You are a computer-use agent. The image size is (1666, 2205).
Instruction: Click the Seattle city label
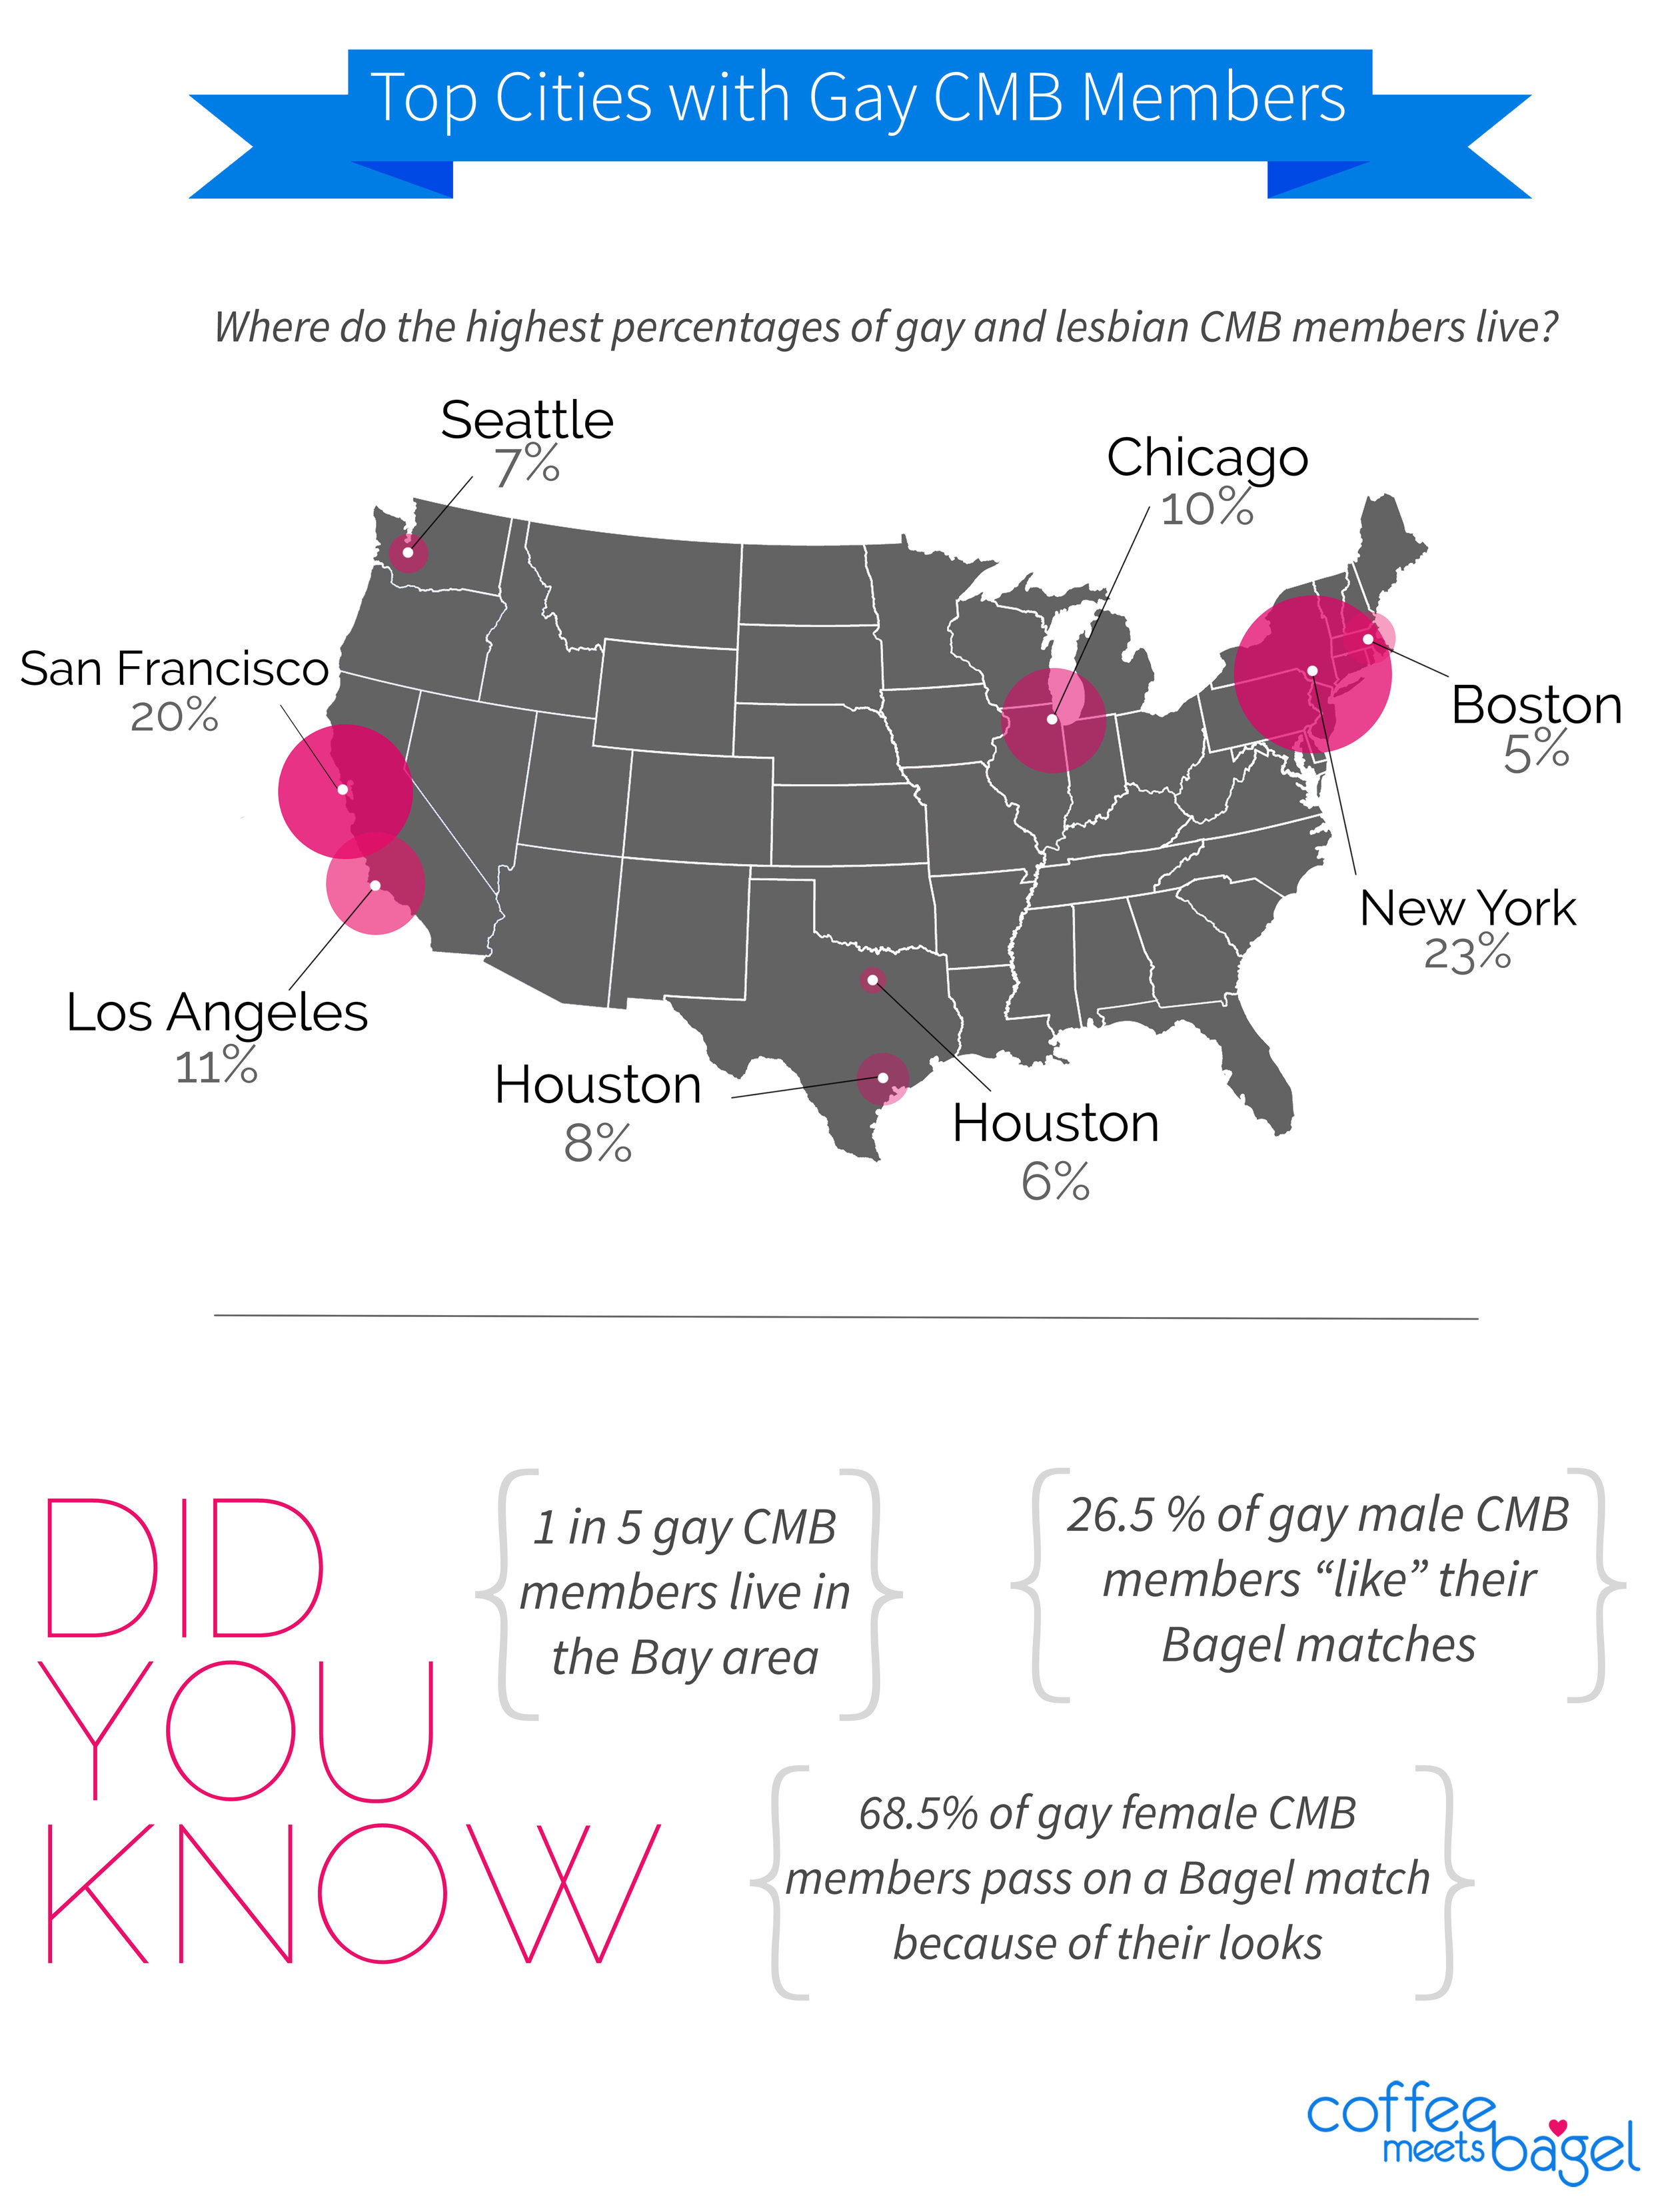click(x=526, y=420)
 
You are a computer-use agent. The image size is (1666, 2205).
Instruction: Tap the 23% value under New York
click(x=1467, y=954)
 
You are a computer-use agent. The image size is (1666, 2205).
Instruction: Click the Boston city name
click(x=1537, y=705)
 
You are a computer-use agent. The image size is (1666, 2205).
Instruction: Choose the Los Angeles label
click(x=217, y=1013)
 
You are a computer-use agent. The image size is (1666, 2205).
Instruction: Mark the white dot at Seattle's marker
click(x=408, y=552)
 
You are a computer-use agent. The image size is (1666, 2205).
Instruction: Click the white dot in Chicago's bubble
click(x=1052, y=719)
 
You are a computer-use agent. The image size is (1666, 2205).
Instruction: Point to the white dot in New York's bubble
click(x=1313, y=671)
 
